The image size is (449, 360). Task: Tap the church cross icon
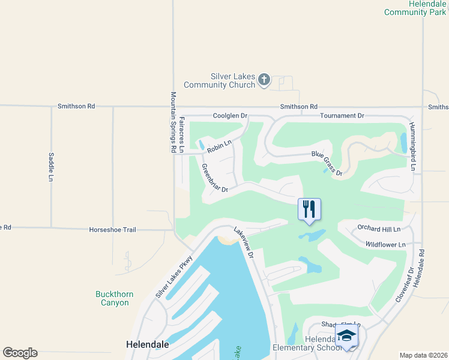264,80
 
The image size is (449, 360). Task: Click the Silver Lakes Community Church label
220,81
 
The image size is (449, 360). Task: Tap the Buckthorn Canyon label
115,298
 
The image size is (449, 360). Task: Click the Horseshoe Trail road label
113,229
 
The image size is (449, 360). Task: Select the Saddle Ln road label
51,166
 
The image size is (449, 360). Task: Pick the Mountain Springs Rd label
173,122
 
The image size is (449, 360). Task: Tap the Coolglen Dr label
230,115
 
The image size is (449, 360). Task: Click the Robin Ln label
219,145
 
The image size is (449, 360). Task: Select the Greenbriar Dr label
215,178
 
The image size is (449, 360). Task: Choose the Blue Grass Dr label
327,163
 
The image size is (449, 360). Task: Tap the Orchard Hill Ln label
378,229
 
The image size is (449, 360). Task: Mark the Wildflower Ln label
385,244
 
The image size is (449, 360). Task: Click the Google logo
20,353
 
